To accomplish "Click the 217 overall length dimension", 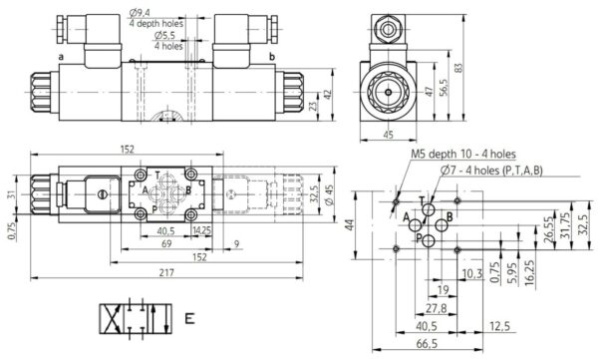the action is [166, 272].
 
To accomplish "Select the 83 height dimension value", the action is [458, 68].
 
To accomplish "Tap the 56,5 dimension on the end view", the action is [444, 88].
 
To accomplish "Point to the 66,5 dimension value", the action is [427, 344].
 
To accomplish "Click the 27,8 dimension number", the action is [436, 308].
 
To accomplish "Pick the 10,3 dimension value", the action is [472, 273].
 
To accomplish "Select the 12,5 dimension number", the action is [499, 326].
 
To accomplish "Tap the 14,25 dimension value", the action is [202, 230].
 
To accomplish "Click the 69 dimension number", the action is [166, 243].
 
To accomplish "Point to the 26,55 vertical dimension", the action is [548, 229].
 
